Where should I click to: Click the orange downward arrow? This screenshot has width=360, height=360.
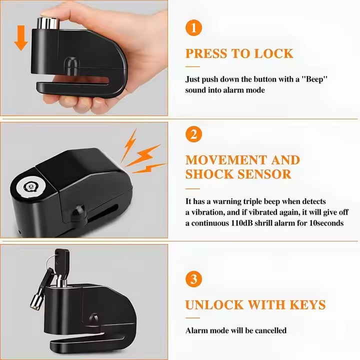click(21, 38)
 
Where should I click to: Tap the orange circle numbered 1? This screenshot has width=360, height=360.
click(194, 28)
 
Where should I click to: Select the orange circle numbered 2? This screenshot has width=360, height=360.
click(194, 134)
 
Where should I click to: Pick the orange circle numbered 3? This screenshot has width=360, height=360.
click(194, 279)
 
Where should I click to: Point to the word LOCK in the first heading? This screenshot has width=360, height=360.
click(274, 53)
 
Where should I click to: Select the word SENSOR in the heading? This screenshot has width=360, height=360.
click(264, 174)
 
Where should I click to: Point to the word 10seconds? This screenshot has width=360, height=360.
click(326, 223)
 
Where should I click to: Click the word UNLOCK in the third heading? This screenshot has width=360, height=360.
click(214, 305)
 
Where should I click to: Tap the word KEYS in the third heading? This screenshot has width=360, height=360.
click(307, 305)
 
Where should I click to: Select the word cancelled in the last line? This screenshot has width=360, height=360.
click(270, 330)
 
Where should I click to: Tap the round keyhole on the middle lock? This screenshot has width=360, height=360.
click(30, 186)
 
